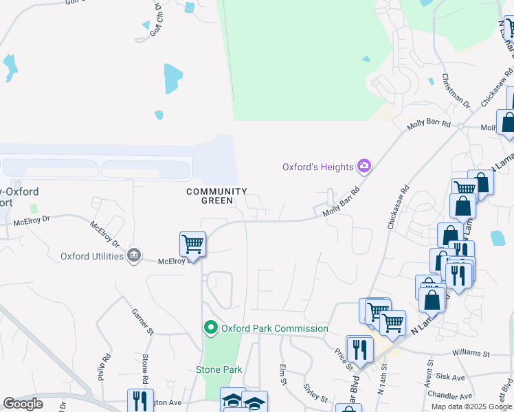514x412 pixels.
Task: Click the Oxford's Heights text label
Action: tap(317, 167)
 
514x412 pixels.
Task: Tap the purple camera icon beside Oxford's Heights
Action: tap(364, 166)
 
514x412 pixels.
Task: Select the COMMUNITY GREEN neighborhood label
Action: tap(216, 196)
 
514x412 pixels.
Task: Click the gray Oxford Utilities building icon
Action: tap(133, 256)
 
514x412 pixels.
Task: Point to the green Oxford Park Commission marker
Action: tap(212, 328)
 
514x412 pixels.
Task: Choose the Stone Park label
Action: tap(219, 369)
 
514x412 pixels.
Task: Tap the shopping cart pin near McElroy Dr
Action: tap(192, 244)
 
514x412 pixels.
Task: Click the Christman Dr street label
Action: tap(456, 91)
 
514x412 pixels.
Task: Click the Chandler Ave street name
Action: tap(450, 396)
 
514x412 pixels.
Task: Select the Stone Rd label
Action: tap(145, 367)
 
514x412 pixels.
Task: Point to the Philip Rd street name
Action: tap(104, 367)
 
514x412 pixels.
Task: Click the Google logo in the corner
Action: tap(23, 404)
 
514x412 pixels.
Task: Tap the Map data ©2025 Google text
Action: tap(472, 407)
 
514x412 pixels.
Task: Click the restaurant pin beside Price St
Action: tap(359, 349)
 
